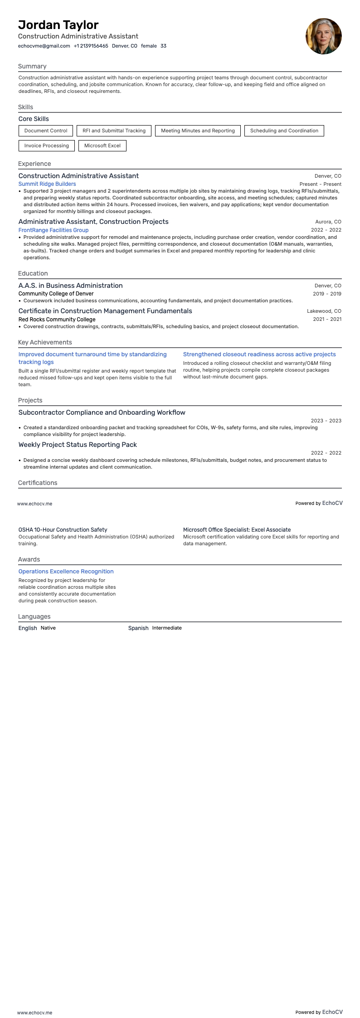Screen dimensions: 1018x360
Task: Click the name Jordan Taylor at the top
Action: point(58,25)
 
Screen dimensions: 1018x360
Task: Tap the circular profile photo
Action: point(323,36)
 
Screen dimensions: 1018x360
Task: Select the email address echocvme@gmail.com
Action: point(44,46)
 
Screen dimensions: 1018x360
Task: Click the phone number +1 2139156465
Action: point(91,46)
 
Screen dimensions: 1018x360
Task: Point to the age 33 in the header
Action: point(163,46)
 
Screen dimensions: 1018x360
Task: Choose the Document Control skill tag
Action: point(46,131)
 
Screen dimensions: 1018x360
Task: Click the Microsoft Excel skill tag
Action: point(102,145)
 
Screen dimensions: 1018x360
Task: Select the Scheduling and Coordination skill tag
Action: point(284,131)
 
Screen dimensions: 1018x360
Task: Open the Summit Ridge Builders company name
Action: point(47,184)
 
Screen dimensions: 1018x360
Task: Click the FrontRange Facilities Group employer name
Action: point(54,230)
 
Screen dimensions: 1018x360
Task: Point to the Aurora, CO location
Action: point(328,222)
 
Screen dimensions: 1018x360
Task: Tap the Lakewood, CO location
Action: point(324,311)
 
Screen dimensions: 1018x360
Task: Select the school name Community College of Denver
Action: point(56,294)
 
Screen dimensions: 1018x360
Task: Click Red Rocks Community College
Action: point(57,320)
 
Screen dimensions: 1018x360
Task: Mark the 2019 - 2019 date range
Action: point(327,294)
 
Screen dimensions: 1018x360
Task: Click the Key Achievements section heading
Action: point(45,342)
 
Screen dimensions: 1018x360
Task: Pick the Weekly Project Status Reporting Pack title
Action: point(78,445)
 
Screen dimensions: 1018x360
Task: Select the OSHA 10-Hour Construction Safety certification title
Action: point(63,529)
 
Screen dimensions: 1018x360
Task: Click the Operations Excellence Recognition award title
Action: point(66,572)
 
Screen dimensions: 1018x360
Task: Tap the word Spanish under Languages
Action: point(138,628)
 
